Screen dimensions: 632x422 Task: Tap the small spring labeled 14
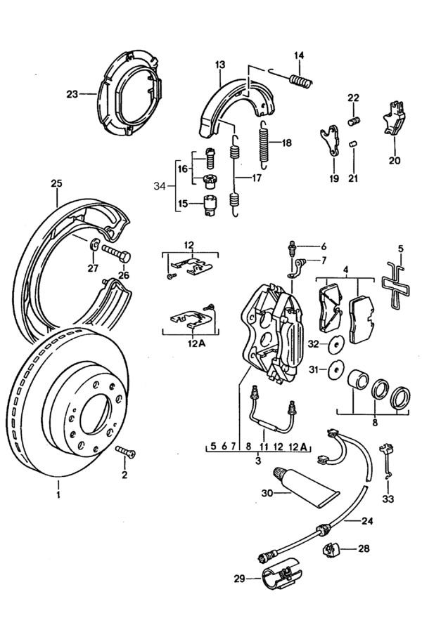coord(300,77)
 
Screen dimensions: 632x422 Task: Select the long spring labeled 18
coord(264,143)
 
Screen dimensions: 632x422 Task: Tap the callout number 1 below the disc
coord(58,494)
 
